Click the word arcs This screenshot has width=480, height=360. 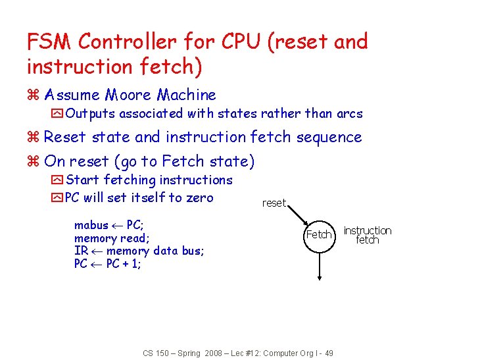(348, 113)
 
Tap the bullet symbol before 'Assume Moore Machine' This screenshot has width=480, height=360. (33, 96)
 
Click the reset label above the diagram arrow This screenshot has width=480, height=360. (274, 203)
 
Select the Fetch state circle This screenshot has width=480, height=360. (319, 234)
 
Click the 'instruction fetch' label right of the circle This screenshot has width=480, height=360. (367, 235)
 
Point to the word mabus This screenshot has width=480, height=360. (91, 225)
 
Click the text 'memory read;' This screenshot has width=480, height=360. (112, 238)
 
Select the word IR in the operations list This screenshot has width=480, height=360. (81, 251)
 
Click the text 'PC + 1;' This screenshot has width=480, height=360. (124, 264)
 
